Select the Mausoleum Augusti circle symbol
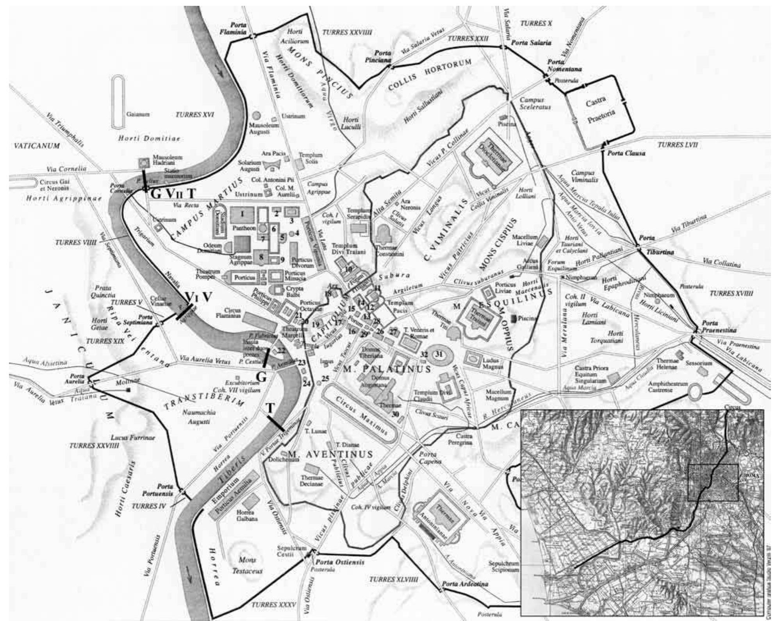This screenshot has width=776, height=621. [257, 116]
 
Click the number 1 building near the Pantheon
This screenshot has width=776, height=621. [242, 214]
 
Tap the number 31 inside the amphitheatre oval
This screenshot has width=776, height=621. [439, 354]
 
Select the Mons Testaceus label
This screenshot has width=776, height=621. [247, 565]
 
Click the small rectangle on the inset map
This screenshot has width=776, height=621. [712, 482]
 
